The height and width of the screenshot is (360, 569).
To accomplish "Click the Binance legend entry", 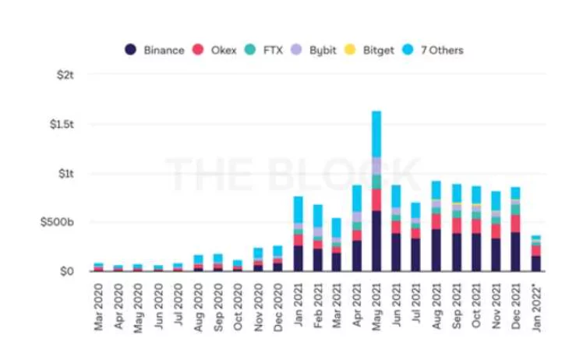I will (155, 50).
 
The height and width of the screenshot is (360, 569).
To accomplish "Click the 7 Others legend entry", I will (434, 50).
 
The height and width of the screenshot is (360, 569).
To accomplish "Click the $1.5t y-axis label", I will (61, 125).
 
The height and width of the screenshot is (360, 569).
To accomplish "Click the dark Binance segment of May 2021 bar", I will (376, 242).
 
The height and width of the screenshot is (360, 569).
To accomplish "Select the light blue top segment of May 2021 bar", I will (376, 134).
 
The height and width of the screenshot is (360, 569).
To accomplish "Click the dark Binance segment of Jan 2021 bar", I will (298, 259).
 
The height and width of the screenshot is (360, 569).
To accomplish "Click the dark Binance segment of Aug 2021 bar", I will (436, 250).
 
